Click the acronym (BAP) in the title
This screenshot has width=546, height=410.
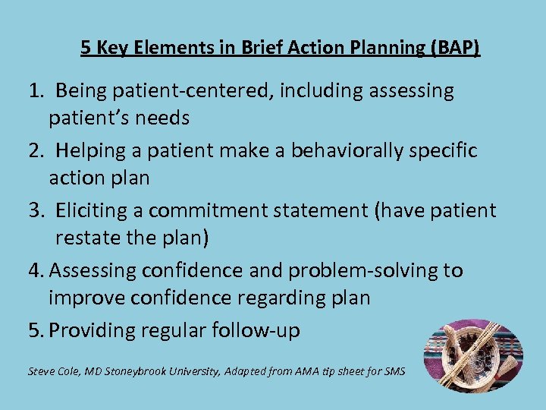click(455, 49)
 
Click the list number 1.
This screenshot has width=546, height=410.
click(36, 92)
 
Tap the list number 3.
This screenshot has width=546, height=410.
click(36, 210)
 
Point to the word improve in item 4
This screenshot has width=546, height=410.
click(83, 298)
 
